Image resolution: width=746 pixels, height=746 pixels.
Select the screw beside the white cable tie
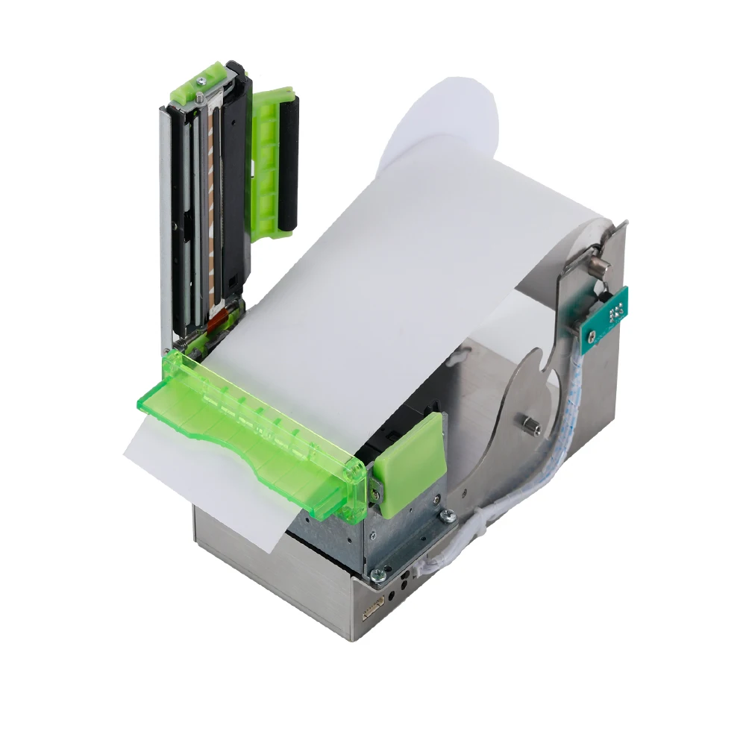pos(447,515)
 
